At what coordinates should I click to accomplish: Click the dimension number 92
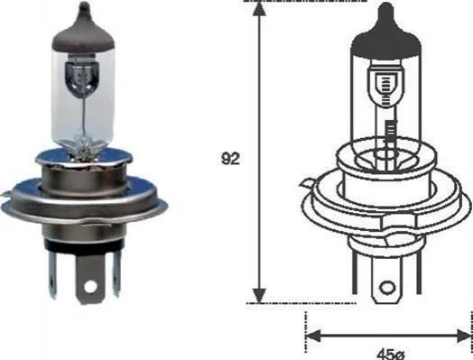tap(230, 159)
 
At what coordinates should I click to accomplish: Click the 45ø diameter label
tap(390, 355)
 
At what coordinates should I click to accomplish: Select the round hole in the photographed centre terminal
tap(91, 286)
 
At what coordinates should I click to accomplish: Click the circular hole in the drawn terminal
tap(387, 287)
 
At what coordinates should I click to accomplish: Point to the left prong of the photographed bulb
tap(52, 272)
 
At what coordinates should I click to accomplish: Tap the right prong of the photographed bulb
tap(116, 272)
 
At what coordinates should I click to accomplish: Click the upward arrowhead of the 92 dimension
tap(259, 9)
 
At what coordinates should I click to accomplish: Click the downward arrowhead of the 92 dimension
tap(259, 295)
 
